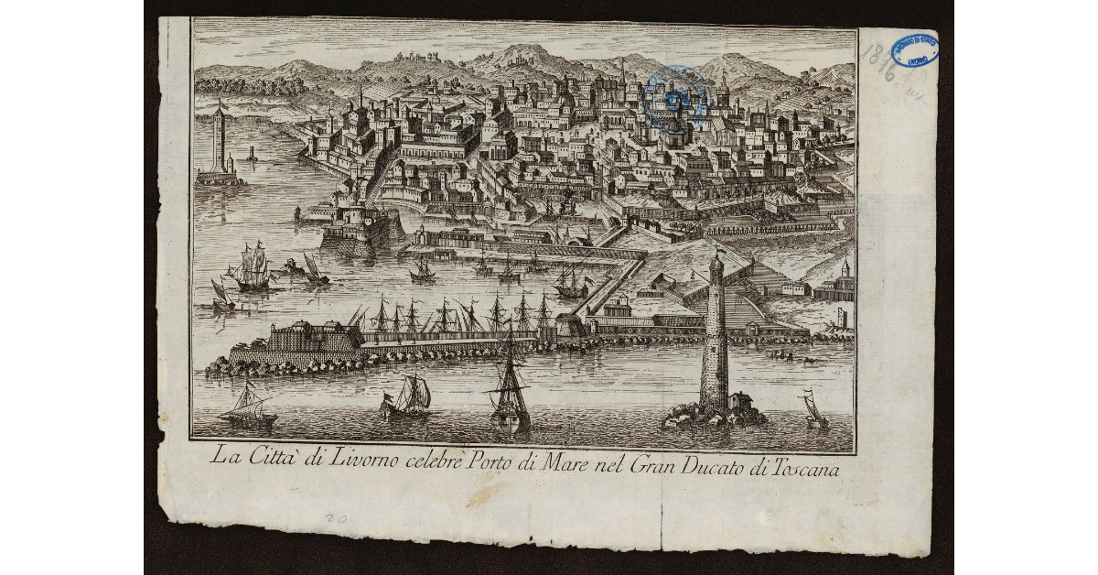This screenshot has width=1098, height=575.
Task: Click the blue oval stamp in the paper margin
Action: click(x=914, y=49)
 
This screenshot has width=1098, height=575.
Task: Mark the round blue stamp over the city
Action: click(x=675, y=98)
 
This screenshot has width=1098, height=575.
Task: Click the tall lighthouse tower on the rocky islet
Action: click(x=715, y=339)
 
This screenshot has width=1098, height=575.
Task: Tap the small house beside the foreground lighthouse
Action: click(x=741, y=401)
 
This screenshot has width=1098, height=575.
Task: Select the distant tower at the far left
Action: click(x=218, y=142)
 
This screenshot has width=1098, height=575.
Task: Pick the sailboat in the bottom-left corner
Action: click(x=248, y=407)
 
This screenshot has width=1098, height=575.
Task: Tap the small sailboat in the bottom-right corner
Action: click(x=813, y=409)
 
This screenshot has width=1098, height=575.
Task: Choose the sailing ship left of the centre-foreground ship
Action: click(x=408, y=396)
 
